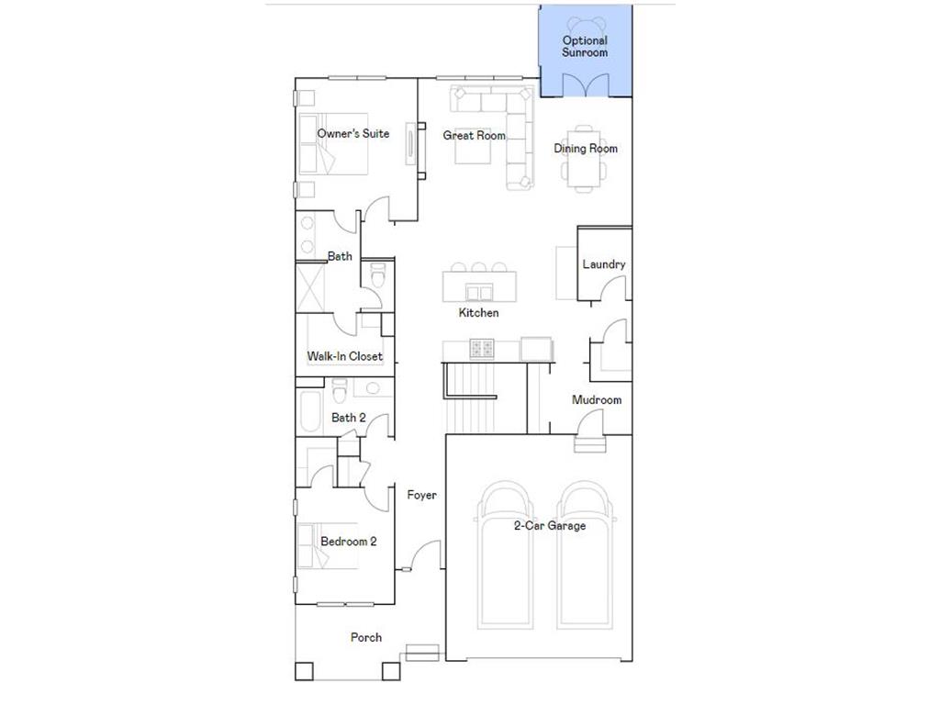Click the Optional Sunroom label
click(x=585, y=47)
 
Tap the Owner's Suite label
click(x=352, y=134)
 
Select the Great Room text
click(x=474, y=136)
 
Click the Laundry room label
click(x=603, y=264)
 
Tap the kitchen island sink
click(x=478, y=293)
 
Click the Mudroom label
click(x=596, y=400)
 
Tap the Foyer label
click(x=421, y=496)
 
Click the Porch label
click(x=365, y=637)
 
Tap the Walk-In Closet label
click(x=344, y=356)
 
